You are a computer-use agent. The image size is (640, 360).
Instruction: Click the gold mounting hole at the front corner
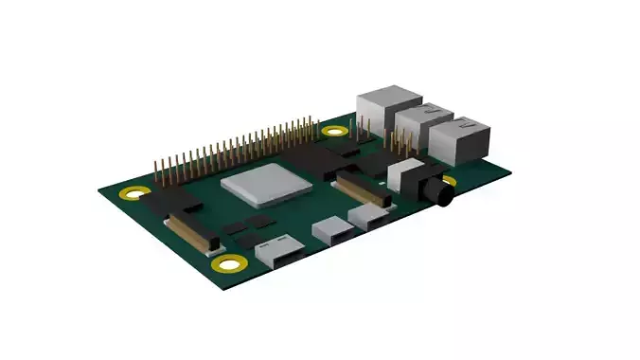(225, 262)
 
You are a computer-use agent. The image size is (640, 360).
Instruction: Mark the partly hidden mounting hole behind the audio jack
(448, 181)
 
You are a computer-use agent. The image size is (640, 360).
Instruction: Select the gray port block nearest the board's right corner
(461, 138)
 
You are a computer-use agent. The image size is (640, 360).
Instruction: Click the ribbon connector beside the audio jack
(364, 190)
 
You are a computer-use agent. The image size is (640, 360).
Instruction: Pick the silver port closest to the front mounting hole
(280, 251)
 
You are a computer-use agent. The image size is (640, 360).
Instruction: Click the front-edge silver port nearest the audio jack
(369, 218)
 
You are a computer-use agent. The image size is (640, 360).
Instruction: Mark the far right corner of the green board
(512, 171)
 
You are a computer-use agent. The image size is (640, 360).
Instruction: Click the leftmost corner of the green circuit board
(98, 190)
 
